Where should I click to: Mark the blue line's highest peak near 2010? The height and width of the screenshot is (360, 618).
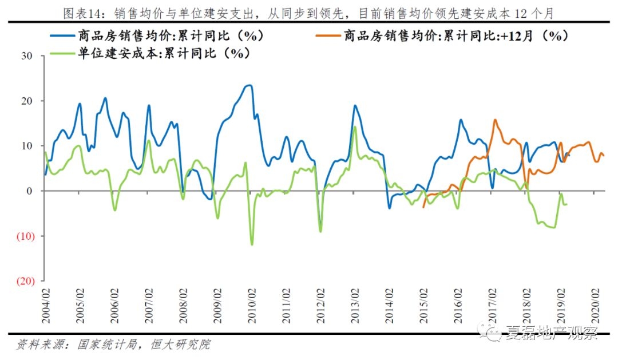coord(249,85)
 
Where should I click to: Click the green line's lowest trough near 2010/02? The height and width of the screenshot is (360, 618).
coord(252,245)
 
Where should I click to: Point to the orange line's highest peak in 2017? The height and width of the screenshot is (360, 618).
coord(494,120)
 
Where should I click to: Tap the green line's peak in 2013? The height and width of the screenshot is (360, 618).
coord(355,126)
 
